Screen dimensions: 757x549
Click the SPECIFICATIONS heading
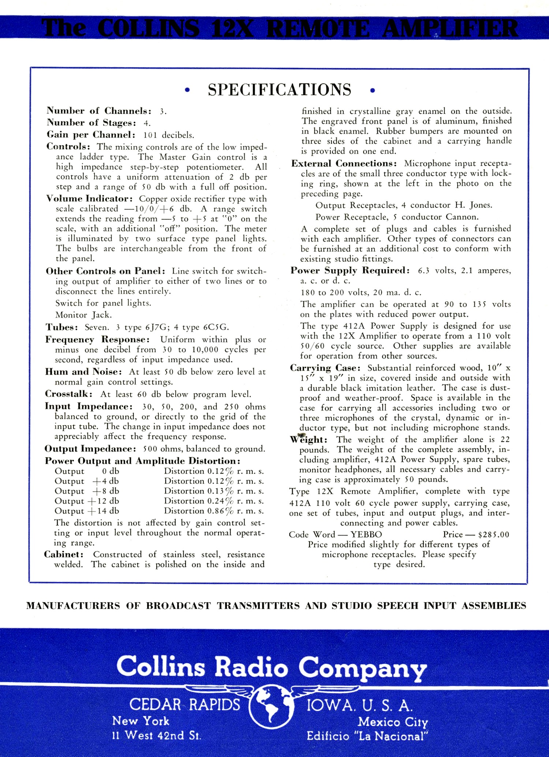[x=279, y=90]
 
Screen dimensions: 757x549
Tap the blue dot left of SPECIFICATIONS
[x=187, y=90]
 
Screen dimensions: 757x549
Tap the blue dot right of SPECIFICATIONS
[x=373, y=90]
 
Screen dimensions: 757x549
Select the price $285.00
[x=493, y=534]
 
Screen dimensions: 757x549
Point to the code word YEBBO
[x=366, y=534]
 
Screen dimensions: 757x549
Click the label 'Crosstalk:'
[x=68, y=394]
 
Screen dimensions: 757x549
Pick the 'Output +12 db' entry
[x=87, y=501]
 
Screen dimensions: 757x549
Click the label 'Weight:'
[x=308, y=439]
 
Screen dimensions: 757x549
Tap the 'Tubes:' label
[x=61, y=327]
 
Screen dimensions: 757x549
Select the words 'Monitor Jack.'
[x=83, y=315]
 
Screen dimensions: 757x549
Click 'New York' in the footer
[x=141, y=721]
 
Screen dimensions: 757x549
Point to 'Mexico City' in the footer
[x=392, y=722]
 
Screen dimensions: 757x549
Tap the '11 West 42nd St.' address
[x=157, y=735]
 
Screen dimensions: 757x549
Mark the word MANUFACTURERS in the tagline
[x=73, y=606]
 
